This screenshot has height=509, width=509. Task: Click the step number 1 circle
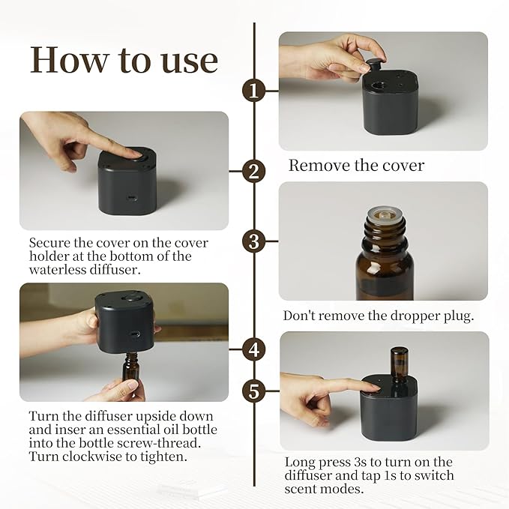[254, 91]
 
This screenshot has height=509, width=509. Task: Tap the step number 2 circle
[254, 171]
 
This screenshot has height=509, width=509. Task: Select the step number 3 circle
[254, 242]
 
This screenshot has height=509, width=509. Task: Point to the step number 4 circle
[254, 349]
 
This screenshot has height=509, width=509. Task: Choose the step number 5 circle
[254, 391]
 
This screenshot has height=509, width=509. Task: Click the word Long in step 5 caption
[301, 463]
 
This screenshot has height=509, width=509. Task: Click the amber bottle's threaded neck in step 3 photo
[384, 226]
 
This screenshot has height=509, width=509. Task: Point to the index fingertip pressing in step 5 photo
[373, 385]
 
